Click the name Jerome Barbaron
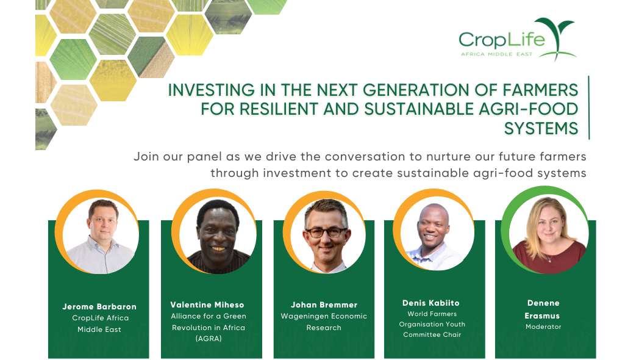click(99, 306)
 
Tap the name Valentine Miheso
click(207, 305)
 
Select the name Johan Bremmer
click(324, 305)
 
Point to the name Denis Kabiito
click(430, 303)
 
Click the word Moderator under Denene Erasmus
click(543, 326)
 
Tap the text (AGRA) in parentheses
click(209, 339)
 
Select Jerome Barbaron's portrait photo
click(101, 236)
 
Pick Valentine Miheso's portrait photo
click(218, 236)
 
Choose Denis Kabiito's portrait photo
click(437, 234)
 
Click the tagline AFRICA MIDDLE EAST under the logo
click(497, 54)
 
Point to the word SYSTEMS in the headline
click(541, 128)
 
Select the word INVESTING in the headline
click(212, 90)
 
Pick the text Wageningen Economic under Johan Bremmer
click(324, 316)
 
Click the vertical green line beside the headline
click(589, 107)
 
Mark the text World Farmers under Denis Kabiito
click(432, 314)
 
